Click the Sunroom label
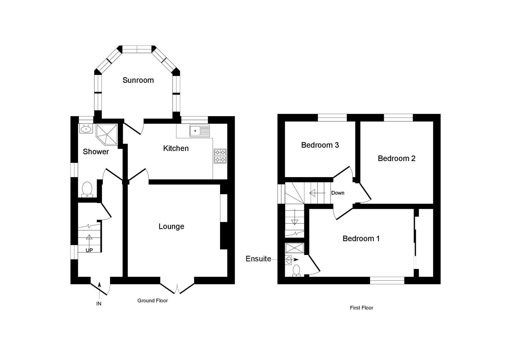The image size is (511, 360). coord(138,80)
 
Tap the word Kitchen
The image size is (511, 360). coord(176,148)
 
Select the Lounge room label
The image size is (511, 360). coord(171,226)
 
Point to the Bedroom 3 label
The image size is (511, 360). coord(320,145)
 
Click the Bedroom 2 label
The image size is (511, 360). coord(397,159)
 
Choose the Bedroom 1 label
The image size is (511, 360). coord(361,239)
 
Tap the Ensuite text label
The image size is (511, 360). coord(258,259)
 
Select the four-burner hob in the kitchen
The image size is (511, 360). coord(220,156)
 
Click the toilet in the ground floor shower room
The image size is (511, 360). coord(87,190)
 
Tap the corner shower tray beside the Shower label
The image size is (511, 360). coord(107,135)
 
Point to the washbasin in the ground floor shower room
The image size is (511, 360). coord(86,129)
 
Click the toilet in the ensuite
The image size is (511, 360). coord(296,271)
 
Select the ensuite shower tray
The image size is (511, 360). coord(295,248)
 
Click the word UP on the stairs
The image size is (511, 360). coord(89,250)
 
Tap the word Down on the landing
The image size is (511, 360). coord(338,193)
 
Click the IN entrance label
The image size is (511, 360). coord(99,304)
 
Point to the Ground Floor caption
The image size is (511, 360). coord(153,301)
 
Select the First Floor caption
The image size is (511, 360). coord(361,308)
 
